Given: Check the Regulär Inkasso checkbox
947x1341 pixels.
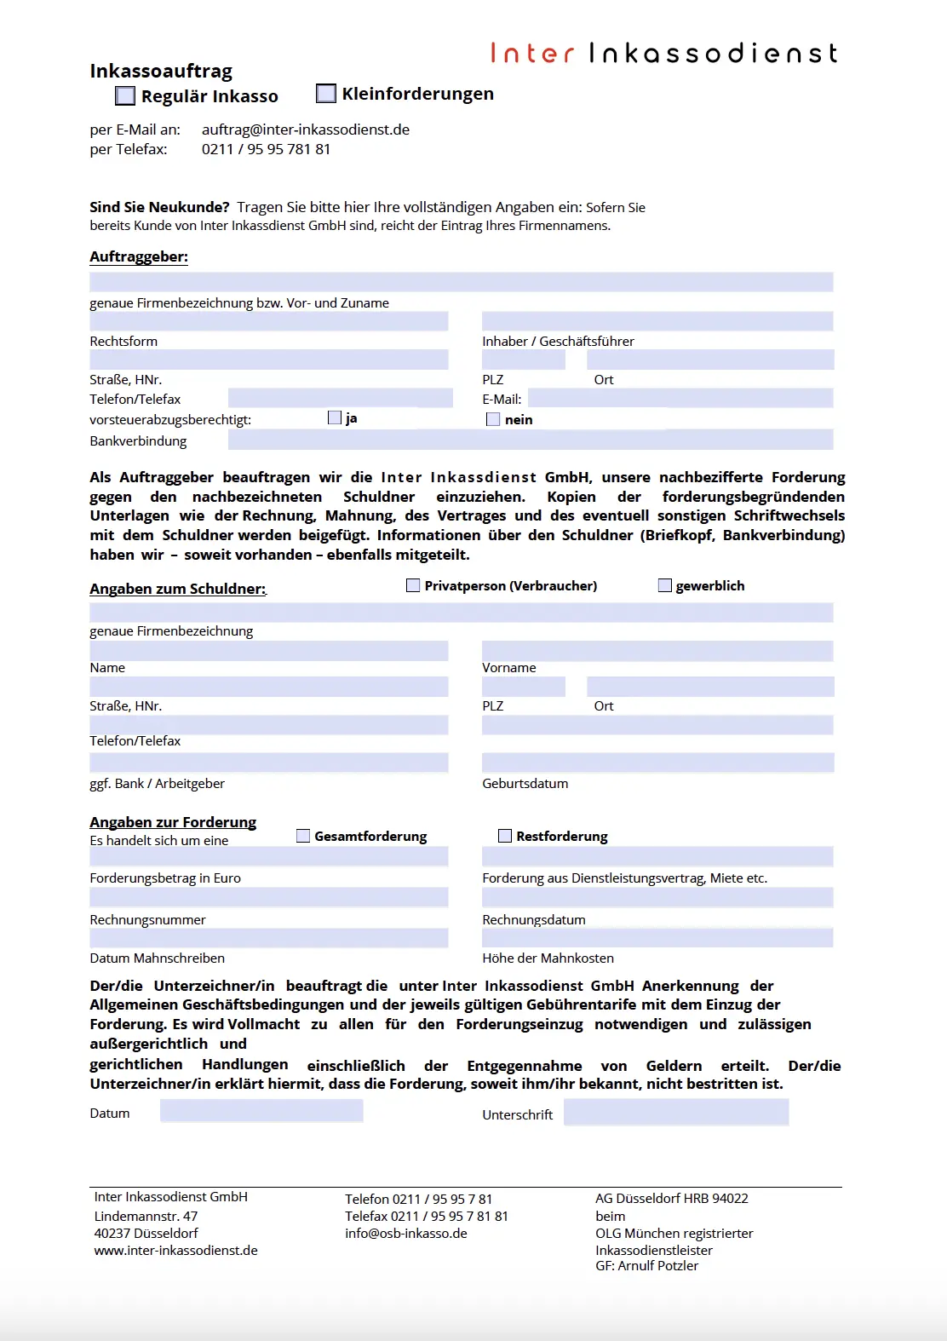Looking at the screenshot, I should pyautogui.click(x=125, y=95).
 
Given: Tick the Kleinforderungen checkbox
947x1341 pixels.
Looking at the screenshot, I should pyautogui.click(x=326, y=93).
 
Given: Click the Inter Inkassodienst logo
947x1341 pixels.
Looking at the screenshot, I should pyautogui.click(x=663, y=54).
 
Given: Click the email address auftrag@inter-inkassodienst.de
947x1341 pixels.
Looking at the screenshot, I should pyautogui.click(x=305, y=129).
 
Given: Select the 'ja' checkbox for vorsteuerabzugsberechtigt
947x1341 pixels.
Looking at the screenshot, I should pyautogui.click(x=335, y=417).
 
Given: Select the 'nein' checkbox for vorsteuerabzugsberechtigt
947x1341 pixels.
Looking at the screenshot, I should pyautogui.click(x=493, y=419).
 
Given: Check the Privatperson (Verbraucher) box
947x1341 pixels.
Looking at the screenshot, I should pyautogui.click(x=413, y=585).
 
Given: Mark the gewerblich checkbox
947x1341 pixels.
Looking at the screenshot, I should pyautogui.click(x=665, y=585).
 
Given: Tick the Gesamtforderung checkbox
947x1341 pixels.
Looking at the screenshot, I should pyautogui.click(x=303, y=836).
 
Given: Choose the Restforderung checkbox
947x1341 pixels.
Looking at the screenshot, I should pyautogui.click(x=505, y=836).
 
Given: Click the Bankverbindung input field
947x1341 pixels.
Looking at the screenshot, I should pyautogui.click(x=530, y=440).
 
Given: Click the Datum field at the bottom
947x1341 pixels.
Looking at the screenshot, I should pyautogui.click(x=261, y=1111).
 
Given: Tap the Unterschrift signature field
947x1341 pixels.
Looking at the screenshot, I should pyautogui.click(x=676, y=1112).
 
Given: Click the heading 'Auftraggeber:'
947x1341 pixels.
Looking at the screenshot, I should pyautogui.click(x=139, y=256).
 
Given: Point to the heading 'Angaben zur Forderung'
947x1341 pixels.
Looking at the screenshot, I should pyautogui.click(x=173, y=822).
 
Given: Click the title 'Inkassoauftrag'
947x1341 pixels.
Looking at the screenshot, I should pyautogui.click(x=161, y=71).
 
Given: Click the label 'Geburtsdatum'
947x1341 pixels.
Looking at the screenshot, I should pyautogui.click(x=525, y=784).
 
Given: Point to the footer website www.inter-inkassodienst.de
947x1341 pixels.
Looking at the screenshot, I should pyautogui.click(x=175, y=1251).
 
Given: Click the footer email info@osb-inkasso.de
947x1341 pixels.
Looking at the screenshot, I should pyautogui.click(x=405, y=1234).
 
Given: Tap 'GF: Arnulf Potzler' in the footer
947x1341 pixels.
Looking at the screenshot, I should pyautogui.click(x=646, y=1266).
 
